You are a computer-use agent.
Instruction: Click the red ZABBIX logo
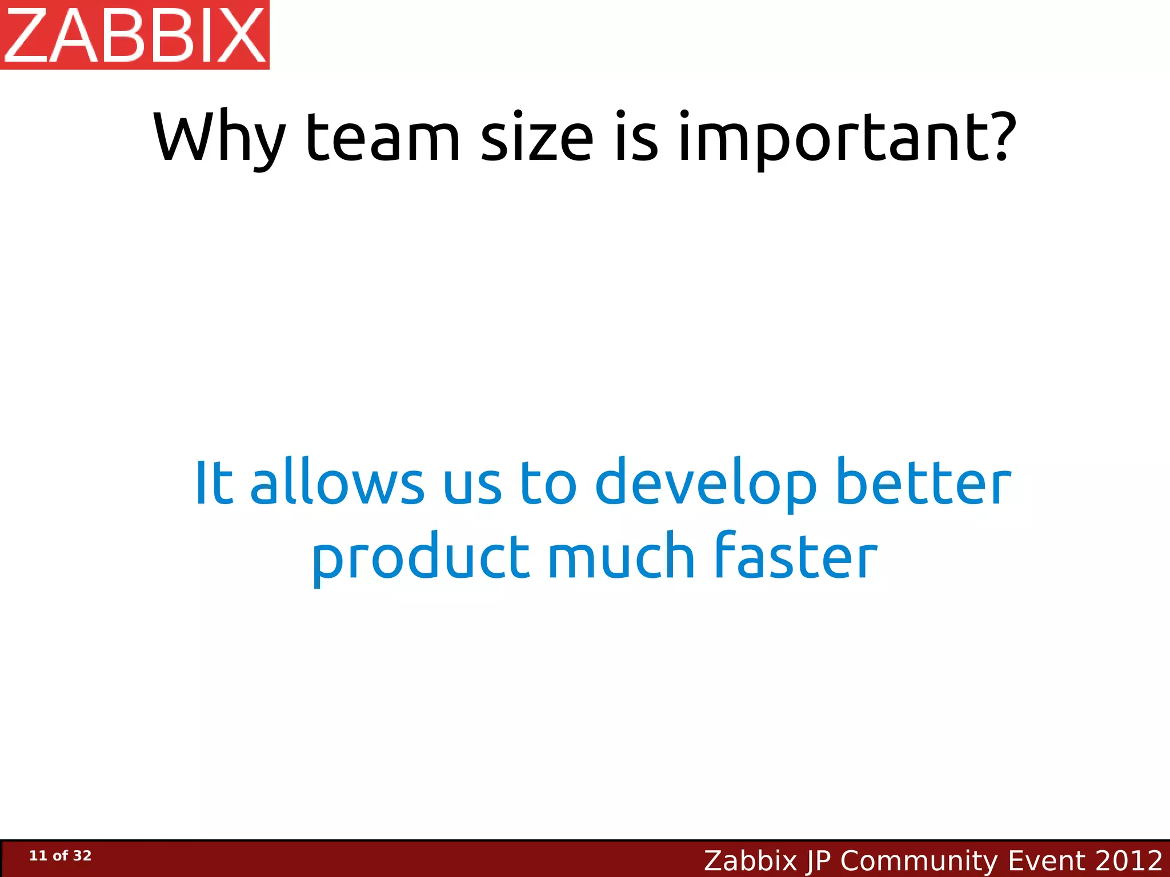135,35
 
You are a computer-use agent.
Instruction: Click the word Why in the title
219,138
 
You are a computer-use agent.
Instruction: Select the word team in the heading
383,138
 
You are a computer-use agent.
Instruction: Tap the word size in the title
537,138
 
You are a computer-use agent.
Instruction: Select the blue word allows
337,482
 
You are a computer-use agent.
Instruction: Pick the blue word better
923,482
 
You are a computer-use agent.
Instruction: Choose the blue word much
621,557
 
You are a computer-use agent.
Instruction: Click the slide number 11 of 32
60,856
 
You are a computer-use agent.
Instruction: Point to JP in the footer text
818,860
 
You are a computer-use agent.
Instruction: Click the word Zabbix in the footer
750,860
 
